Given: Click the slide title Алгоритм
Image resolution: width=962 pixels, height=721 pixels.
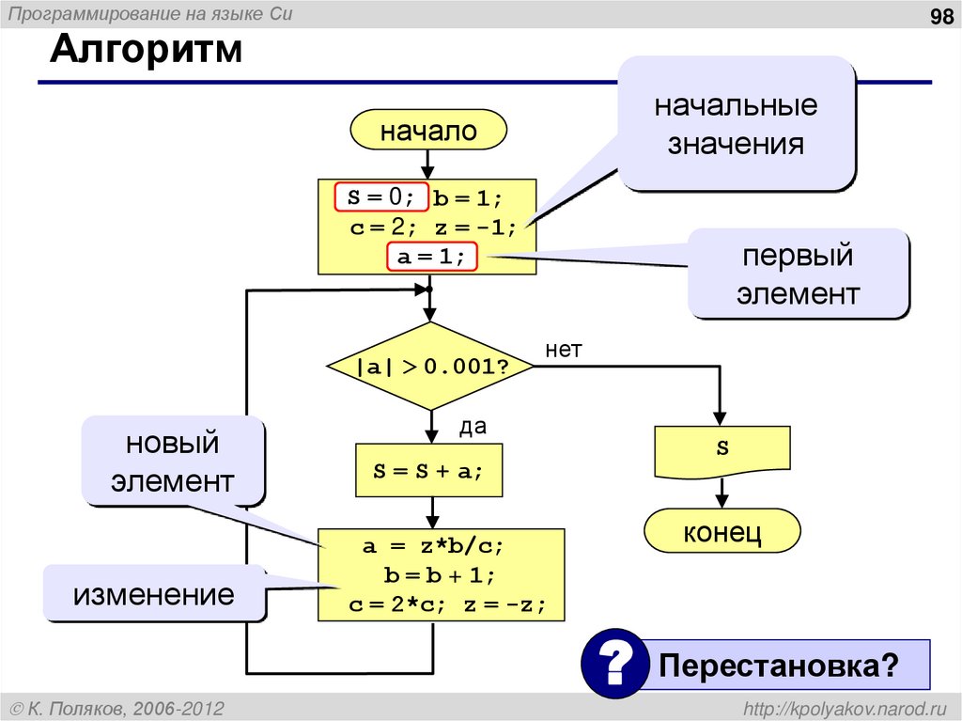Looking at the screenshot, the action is coord(146,49).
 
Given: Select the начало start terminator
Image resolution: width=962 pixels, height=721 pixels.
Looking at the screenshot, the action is coord(427,131).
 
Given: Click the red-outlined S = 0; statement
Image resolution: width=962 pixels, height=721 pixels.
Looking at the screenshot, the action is coord(381,196).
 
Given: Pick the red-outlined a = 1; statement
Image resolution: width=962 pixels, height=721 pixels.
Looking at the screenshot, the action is coord(432,257).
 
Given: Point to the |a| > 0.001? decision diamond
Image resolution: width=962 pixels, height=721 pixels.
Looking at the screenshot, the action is coord(430,367).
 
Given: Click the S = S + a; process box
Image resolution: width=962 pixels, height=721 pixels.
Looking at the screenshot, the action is coord(428,471).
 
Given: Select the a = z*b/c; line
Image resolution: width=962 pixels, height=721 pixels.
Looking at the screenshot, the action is coord(441,546).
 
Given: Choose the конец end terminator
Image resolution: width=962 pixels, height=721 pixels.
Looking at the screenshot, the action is coord(721,533).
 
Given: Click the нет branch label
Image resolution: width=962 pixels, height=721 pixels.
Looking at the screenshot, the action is coord(564,350).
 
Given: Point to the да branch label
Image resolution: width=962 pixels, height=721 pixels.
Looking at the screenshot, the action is coord(472,427).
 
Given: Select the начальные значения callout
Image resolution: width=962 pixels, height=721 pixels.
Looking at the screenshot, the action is coord(736,124).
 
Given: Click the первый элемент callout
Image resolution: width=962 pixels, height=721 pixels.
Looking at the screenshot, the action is coord(798,274).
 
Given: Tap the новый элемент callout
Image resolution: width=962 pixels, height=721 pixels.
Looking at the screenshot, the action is coord(172,462).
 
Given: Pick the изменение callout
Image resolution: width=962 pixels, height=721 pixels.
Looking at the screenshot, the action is coord(155,594).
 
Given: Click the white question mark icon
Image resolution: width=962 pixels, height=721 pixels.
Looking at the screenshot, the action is coord(614,664).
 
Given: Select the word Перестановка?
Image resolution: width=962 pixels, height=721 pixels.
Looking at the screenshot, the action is coord(778,665).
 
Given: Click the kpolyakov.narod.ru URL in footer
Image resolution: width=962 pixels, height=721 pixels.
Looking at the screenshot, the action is coord(846,707).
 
